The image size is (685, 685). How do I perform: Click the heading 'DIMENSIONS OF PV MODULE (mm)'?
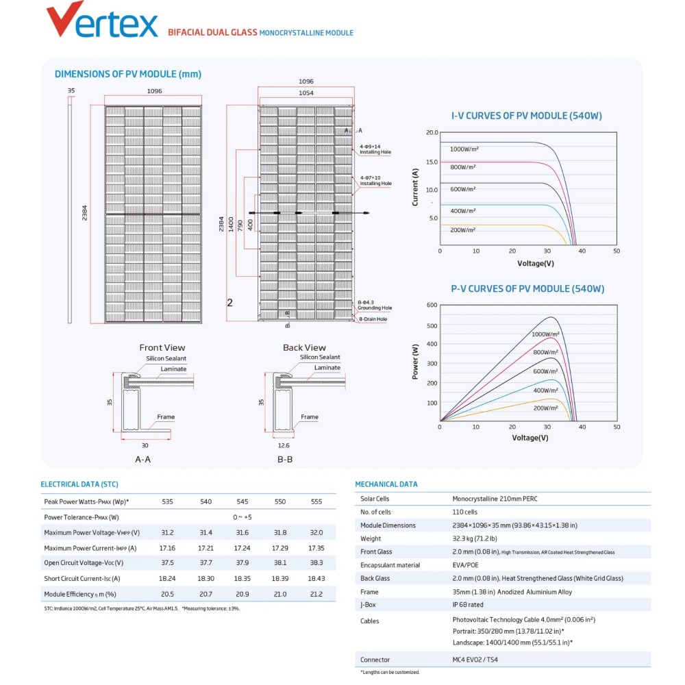[x=127, y=74]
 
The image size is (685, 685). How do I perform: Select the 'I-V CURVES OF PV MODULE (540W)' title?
[x=526, y=116]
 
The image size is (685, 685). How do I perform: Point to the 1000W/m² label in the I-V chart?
[x=463, y=149]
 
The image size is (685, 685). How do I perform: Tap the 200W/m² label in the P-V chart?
[x=545, y=408]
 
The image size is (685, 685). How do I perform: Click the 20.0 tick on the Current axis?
[x=432, y=132]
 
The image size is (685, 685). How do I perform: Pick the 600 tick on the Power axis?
[x=432, y=305]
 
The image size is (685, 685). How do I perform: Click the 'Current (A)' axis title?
[x=415, y=187]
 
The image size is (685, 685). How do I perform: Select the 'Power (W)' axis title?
[x=415, y=361]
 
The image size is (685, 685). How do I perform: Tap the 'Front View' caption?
[x=162, y=347]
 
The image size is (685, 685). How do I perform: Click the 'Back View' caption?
[x=304, y=347]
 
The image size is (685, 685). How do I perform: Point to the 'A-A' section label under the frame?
[x=143, y=459]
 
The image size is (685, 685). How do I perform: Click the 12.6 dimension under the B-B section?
[x=285, y=445]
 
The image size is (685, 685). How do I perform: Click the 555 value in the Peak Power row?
[x=316, y=501]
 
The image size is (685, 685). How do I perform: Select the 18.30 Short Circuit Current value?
[x=206, y=578]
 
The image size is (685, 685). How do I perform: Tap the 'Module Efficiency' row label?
[x=79, y=594]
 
